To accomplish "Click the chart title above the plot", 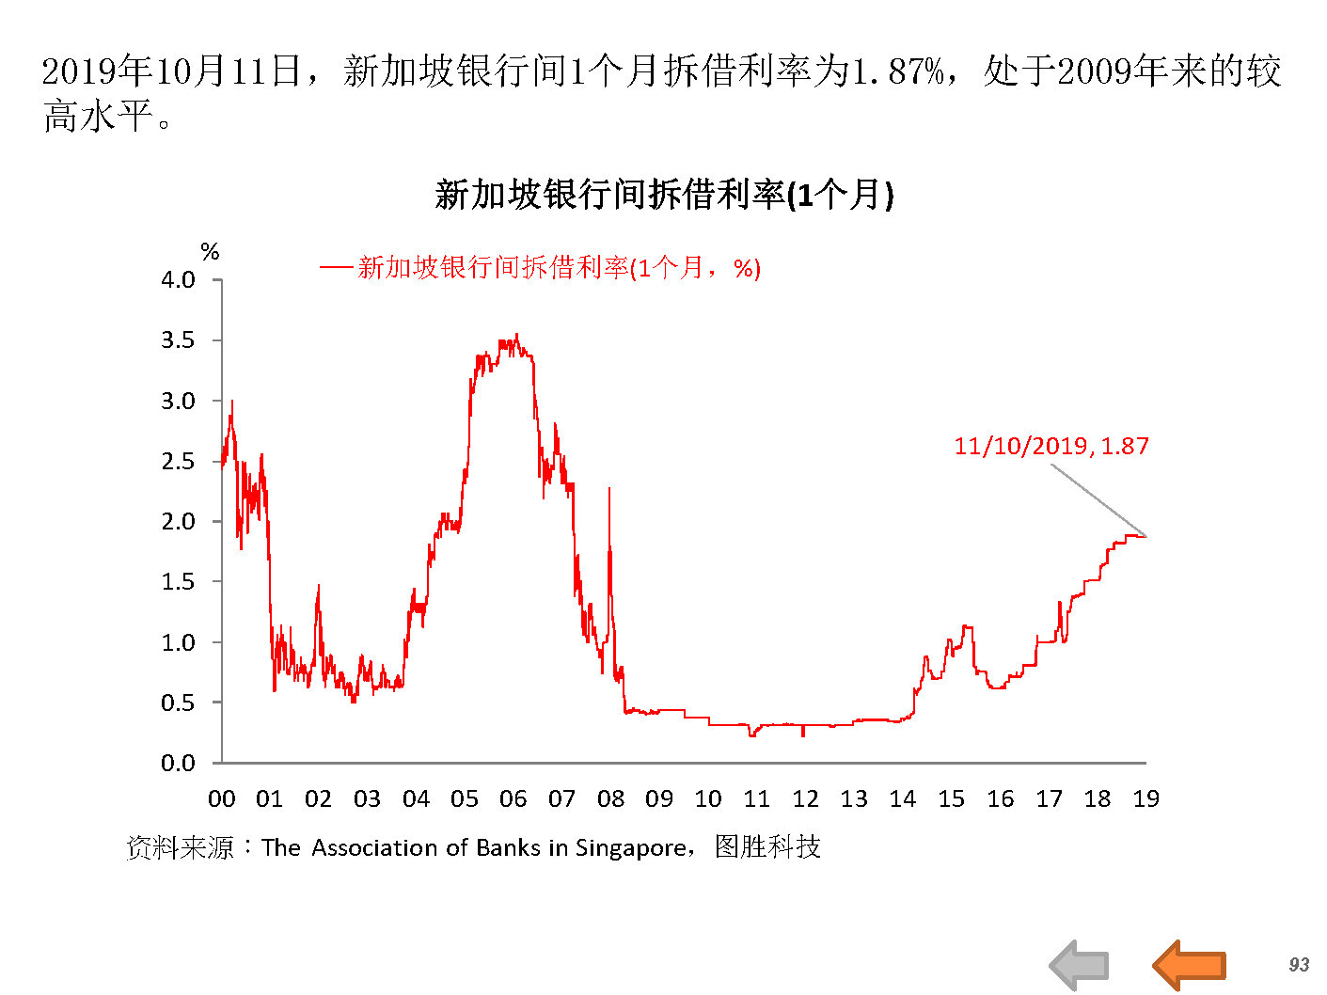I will (664, 195).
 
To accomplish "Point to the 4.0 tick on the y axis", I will (178, 279).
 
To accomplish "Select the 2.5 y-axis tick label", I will (178, 461).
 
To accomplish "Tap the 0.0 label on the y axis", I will (178, 763).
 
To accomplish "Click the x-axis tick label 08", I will (610, 799).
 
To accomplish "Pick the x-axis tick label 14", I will (903, 799).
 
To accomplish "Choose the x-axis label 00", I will (221, 799).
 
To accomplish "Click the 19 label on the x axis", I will (1145, 799).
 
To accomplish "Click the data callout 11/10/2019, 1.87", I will (1051, 446).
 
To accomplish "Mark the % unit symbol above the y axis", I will (210, 251).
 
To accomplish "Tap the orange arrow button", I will (1190, 965).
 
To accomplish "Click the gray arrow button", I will (1080, 965).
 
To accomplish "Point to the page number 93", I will (1299, 965).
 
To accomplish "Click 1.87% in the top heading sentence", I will (897, 71).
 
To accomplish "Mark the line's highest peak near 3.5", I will (516, 334).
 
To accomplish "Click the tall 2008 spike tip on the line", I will (609, 488).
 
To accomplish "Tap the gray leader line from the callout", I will (1098, 500).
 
